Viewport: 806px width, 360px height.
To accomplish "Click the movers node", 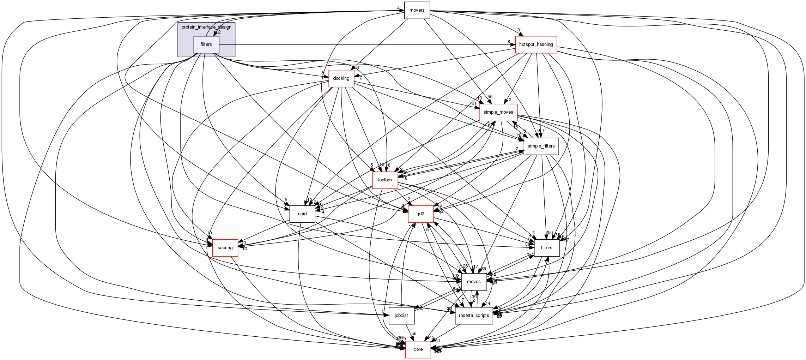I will coord(417,10).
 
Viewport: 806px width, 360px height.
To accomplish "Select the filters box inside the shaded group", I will coord(206,44).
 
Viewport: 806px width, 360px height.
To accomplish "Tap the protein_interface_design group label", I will coord(206,27).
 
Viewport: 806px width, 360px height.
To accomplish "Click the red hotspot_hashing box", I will coord(536,44).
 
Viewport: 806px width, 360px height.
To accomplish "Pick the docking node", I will coord(341,78).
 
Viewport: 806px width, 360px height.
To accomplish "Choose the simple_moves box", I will coord(498,112).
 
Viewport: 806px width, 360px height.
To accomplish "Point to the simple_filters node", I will coord(541,146).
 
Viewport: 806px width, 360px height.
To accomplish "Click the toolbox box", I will coord(385,180).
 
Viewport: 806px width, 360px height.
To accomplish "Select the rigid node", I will coord(302,214).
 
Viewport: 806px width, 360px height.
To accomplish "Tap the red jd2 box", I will coord(421,214).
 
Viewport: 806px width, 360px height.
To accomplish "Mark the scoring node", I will coord(225,248).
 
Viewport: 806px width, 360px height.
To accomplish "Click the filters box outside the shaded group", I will coord(546,248).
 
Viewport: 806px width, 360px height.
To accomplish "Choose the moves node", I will coord(474,282).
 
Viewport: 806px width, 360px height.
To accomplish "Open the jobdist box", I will coord(401,316).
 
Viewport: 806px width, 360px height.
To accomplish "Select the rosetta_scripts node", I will coord(474,316).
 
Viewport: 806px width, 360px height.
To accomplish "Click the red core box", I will coord(418,349).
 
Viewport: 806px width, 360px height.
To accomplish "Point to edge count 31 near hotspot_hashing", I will coord(519,30).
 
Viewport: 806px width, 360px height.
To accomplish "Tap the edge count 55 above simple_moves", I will coord(490,97).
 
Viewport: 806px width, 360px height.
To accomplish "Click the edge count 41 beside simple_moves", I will coord(474,104).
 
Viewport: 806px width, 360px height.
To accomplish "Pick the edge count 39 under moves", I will coord(474,297).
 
